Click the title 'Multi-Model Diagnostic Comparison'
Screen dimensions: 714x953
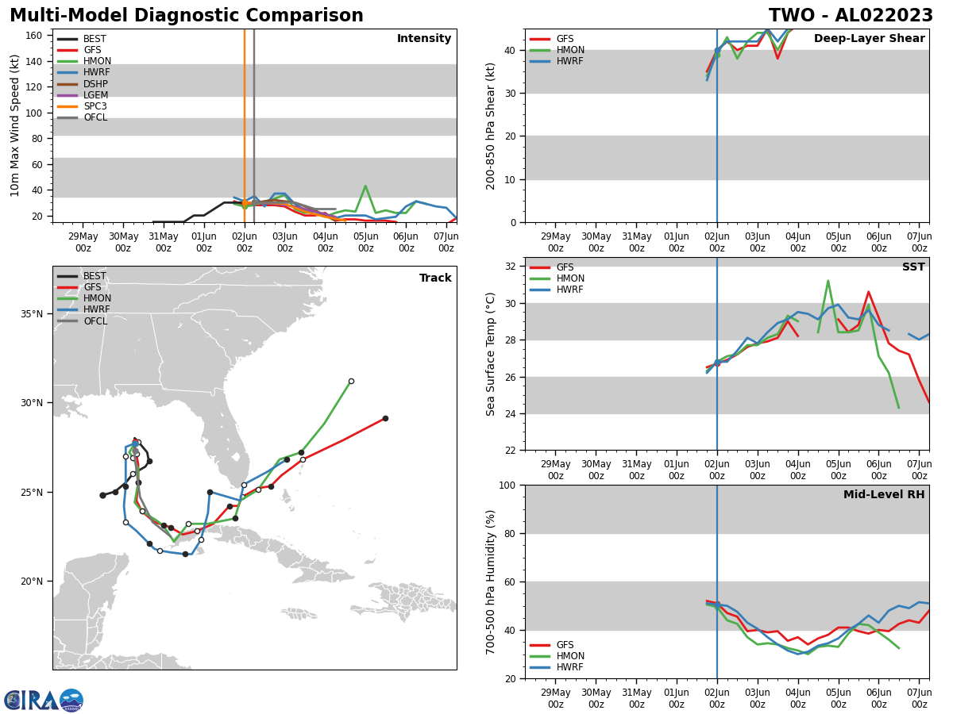pos(186,16)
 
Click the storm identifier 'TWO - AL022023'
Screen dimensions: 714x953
pos(851,16)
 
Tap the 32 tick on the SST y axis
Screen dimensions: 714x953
pos(511,267)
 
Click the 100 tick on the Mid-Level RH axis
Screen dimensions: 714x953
pos(507,485)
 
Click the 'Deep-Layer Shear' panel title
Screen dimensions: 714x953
pos(869,39)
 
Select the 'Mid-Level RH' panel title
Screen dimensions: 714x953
pos(883,495)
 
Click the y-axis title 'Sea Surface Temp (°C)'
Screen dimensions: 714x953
pos(491,354)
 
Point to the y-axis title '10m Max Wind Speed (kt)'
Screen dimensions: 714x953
pos(15,125)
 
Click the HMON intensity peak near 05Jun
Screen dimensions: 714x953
pos(365,186)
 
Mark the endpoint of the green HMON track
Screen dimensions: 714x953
pos(351,381)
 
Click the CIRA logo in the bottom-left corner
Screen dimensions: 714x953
pos(43,701)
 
